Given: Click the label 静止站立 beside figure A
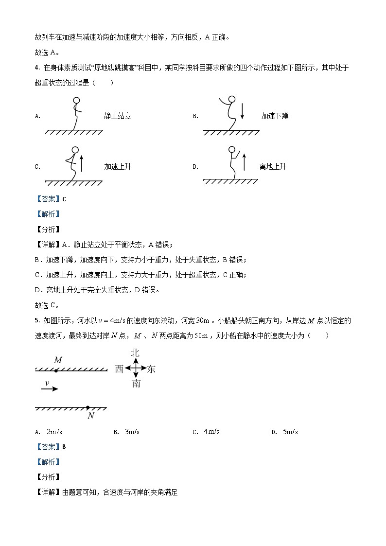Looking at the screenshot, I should pyautogui.click(x=118, y=116).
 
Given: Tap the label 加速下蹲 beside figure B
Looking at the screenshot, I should pyautogui.click(x=275, y=116).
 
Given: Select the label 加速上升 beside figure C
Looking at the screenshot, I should pyautogui.click(x=118, y=167).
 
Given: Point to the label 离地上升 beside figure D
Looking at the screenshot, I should pyautogui.click(x=273, y=167).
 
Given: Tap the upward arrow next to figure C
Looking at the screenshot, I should pyautogui.click(x=81, y=162).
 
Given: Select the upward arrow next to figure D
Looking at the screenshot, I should pyautogui.click(x=244, y=162).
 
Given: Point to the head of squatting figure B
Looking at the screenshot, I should pyautogui.click(x=232, y=100).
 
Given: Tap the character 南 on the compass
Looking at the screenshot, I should pyautogui.click(x=136, y=384).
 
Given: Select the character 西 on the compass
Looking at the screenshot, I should pyautogui.click(x=119, y=369).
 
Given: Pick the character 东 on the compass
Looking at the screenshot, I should pyautogui.click(x=151, y=369).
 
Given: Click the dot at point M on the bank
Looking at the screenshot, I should pyautogui.click(x=56, y=370).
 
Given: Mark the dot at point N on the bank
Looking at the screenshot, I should pyautogui.click(x=88, y=407).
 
